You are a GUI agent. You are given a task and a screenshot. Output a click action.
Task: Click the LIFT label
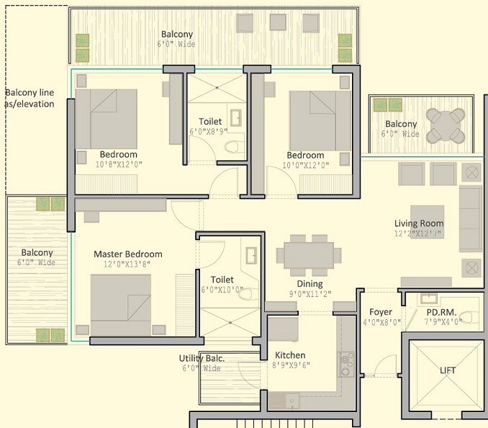448,370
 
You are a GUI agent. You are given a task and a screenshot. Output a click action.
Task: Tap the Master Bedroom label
127,254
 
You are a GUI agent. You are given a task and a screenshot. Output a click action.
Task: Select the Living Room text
419,223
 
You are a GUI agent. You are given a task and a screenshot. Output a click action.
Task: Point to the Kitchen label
290,355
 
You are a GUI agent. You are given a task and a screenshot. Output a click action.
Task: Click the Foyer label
381,312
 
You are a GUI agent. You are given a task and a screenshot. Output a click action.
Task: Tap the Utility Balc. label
202,358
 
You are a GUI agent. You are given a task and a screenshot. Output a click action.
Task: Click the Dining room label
309,284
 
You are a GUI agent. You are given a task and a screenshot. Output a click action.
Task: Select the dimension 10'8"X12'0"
118,165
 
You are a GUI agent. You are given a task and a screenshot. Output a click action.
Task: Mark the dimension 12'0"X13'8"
127,264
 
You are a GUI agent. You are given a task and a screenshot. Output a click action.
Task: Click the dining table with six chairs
309,254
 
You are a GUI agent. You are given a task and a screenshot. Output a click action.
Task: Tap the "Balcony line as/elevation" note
30,98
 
